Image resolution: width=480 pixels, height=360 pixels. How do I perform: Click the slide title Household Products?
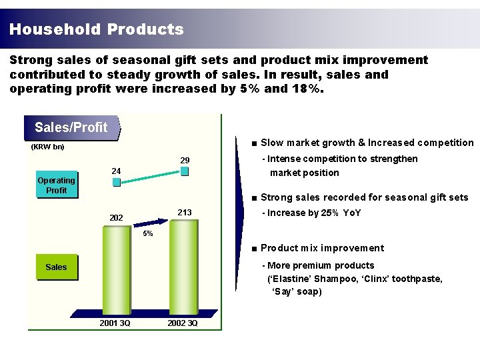point(97,29)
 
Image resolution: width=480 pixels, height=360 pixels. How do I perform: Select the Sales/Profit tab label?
point(71,127)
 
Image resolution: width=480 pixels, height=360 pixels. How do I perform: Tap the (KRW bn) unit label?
point(48,147)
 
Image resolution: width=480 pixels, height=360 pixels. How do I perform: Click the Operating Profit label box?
point(56,185)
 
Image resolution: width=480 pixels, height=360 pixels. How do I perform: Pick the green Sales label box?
point(56,267)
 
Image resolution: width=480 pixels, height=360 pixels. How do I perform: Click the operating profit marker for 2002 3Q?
point(185,171)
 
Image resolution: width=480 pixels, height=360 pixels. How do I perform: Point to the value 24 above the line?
point(116,171)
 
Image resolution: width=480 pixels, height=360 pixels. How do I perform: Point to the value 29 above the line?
point(185,161)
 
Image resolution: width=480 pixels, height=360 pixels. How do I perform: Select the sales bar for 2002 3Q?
point(184,267)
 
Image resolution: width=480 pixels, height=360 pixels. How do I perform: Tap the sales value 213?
point(184,213)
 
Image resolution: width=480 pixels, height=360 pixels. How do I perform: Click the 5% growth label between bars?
point(148,234)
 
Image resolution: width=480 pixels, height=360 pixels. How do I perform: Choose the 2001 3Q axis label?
point(115,323)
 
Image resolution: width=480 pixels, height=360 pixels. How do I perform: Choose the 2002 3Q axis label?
point(183,323)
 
